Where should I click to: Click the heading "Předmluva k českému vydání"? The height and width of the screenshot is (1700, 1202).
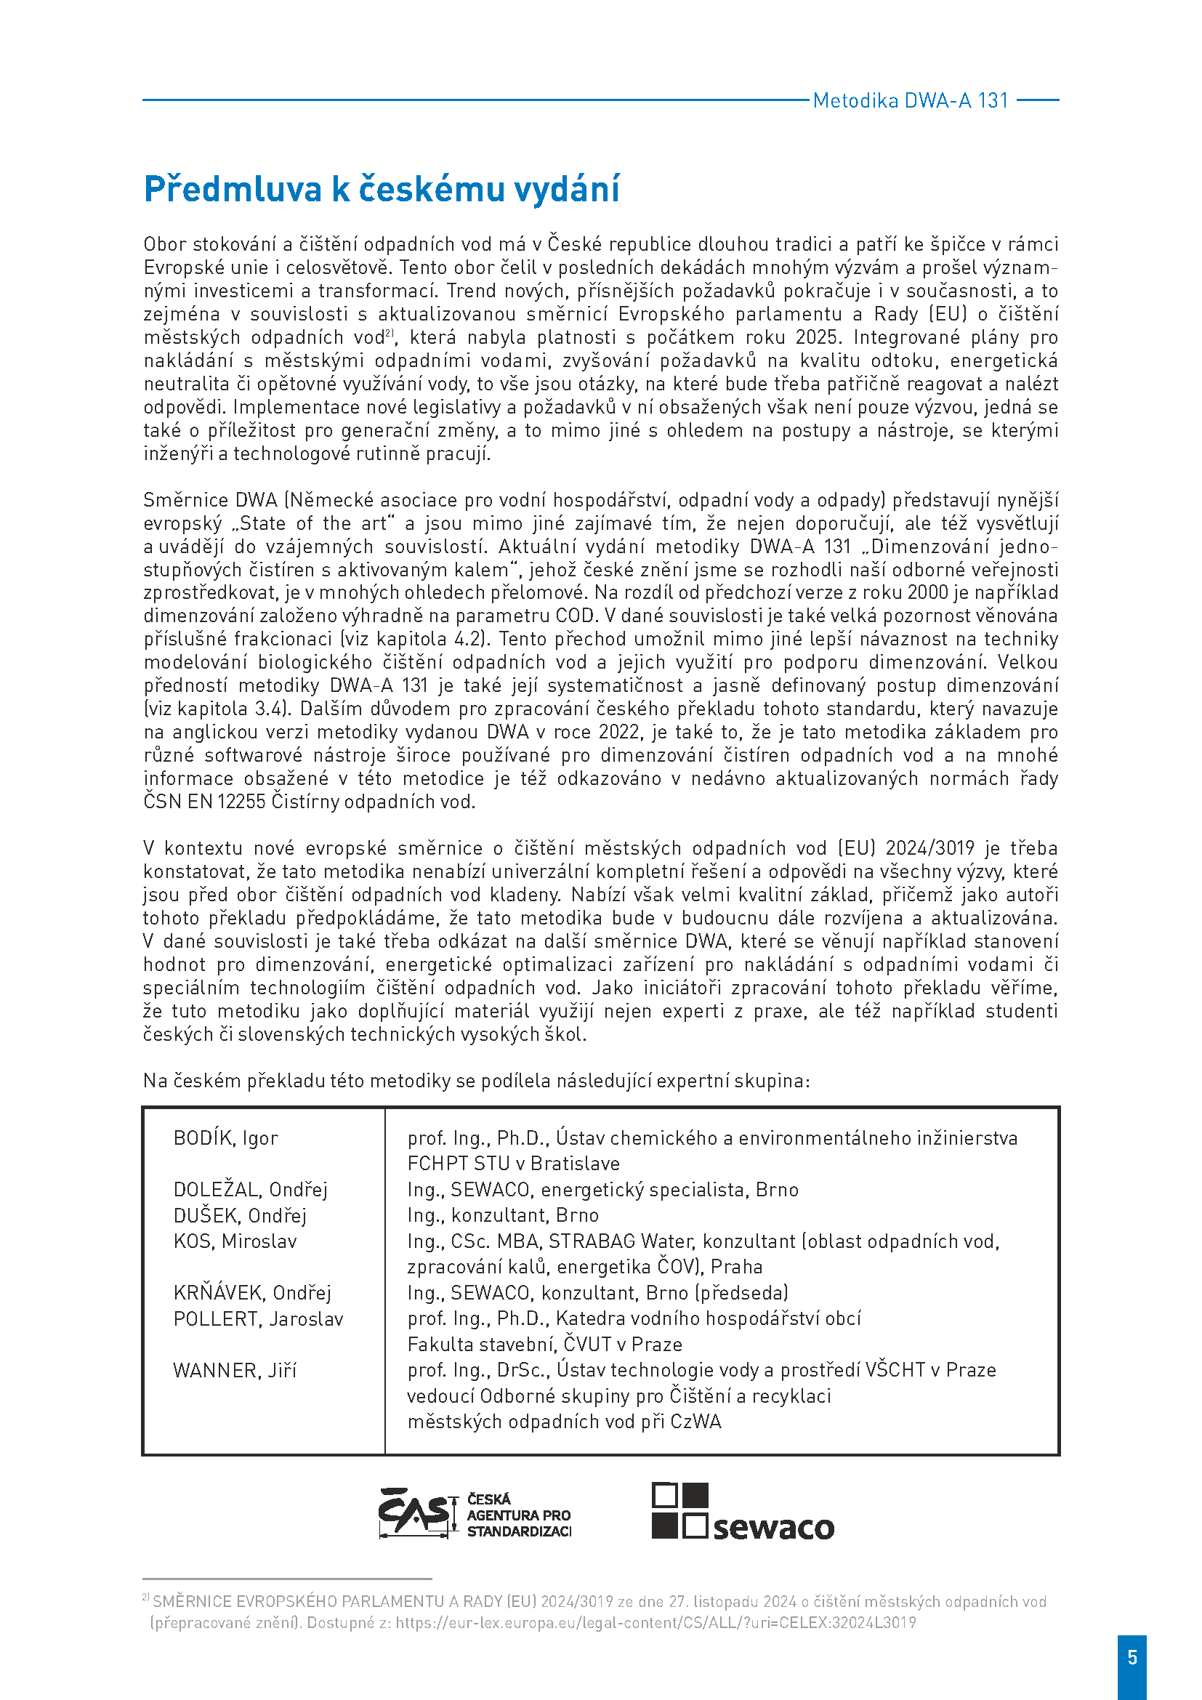tap(382, 189)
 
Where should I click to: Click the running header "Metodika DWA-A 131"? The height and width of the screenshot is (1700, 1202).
tap(911, 101)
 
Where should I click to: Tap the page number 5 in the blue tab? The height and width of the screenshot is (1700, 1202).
tap(1132, 1656)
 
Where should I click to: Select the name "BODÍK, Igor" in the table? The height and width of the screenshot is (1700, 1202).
tap(225, 1138)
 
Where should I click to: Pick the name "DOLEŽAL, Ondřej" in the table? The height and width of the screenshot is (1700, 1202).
tap(250, 1190)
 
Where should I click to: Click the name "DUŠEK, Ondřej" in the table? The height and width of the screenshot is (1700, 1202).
tap(240, 1216)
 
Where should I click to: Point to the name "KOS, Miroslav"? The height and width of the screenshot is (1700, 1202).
tap(235, 1241)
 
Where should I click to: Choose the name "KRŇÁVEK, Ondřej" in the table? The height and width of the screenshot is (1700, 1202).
tap(251, 1293)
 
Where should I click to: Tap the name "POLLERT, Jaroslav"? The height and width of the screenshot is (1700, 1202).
tap(258, 1318)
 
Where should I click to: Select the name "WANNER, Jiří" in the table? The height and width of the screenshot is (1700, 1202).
tap(235, 1371)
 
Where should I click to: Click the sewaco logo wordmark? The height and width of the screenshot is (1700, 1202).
tap(773, 1528)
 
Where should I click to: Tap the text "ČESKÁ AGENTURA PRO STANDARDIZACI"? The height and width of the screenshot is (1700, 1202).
tap(518, 1515)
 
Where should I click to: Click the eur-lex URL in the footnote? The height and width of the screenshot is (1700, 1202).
tap(656, 1623)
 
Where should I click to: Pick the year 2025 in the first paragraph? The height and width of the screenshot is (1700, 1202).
tap(818, 338)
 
